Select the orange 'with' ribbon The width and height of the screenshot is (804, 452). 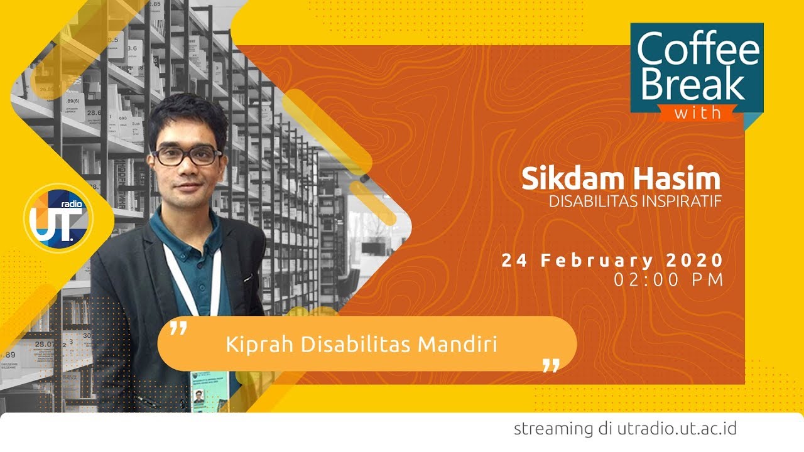point(697,113)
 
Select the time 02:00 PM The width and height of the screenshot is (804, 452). point(668,280)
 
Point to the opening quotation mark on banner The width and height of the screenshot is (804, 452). point(178,328)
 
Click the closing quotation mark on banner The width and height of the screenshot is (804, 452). point(550,365)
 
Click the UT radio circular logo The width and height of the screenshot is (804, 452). point(58,218)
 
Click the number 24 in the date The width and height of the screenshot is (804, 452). point(514,260)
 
